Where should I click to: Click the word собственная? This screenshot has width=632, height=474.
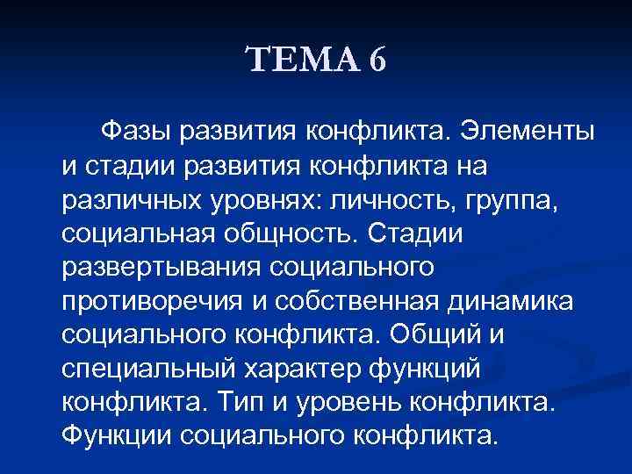[351, 301]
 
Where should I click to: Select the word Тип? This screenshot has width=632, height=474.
[260, 401]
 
